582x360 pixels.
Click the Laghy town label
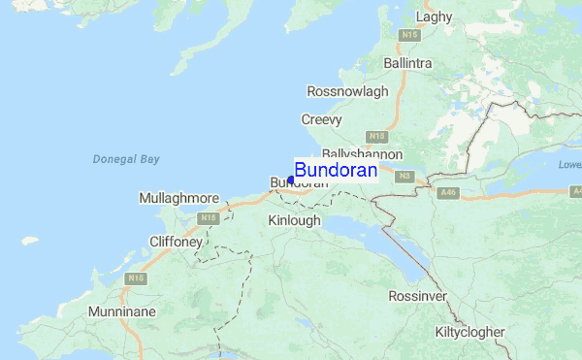(x=434, y=16)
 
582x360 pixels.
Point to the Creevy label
(x=322, y=119)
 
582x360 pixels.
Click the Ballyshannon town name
(x=362, y=154)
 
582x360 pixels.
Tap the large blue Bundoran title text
(x=336, y=170)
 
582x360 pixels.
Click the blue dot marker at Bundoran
(x=291, y=180)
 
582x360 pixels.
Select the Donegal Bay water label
(x=126, y=159)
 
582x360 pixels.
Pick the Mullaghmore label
(x=179, y=198)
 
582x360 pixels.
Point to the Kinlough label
(x=294, y=220)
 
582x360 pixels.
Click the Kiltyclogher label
(x=469, y=332)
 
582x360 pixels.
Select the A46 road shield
(x=447, y=193)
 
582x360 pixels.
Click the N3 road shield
(x=405, y=176)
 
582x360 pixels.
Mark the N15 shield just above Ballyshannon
(x=377, y=137)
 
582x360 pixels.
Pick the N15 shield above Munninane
(x=134, y=278)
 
